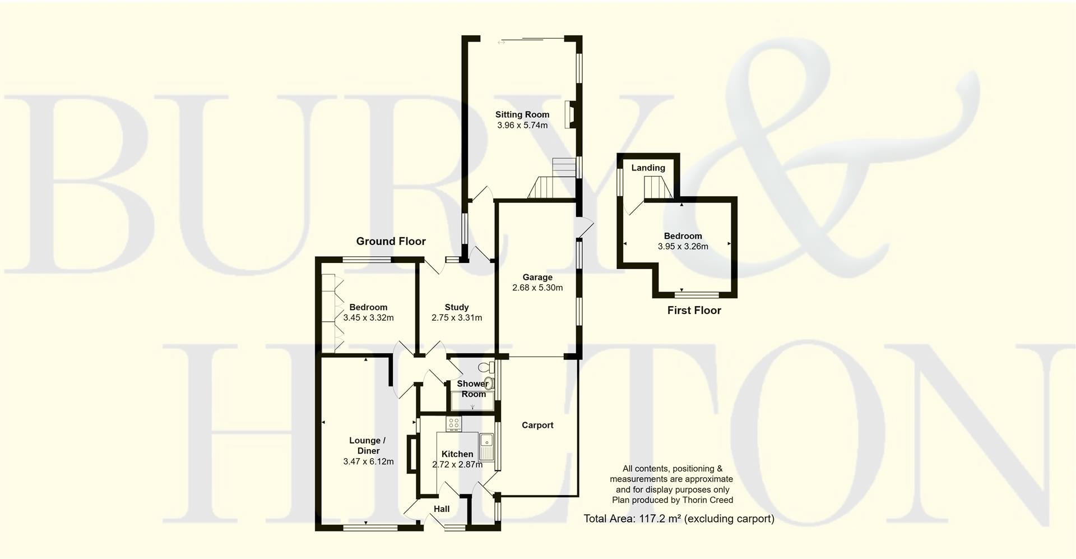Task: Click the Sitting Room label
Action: pos(522,114)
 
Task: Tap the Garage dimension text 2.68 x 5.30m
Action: pos(537,288)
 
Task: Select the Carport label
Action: pos(537,425)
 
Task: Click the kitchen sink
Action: pos(486,446)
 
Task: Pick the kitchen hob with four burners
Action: pos(453,424)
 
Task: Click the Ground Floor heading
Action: pos(391,241)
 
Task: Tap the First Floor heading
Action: pos(694,310)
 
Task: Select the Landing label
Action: pos(648,168)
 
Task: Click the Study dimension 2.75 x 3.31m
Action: pos(456,317)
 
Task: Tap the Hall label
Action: pos(442,509)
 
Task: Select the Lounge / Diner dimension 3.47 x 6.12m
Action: pos(368,461)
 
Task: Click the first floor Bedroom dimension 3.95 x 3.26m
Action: pos(683,246)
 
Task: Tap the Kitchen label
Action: pos(457,454)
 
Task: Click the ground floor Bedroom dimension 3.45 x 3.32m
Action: pos(368,317)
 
